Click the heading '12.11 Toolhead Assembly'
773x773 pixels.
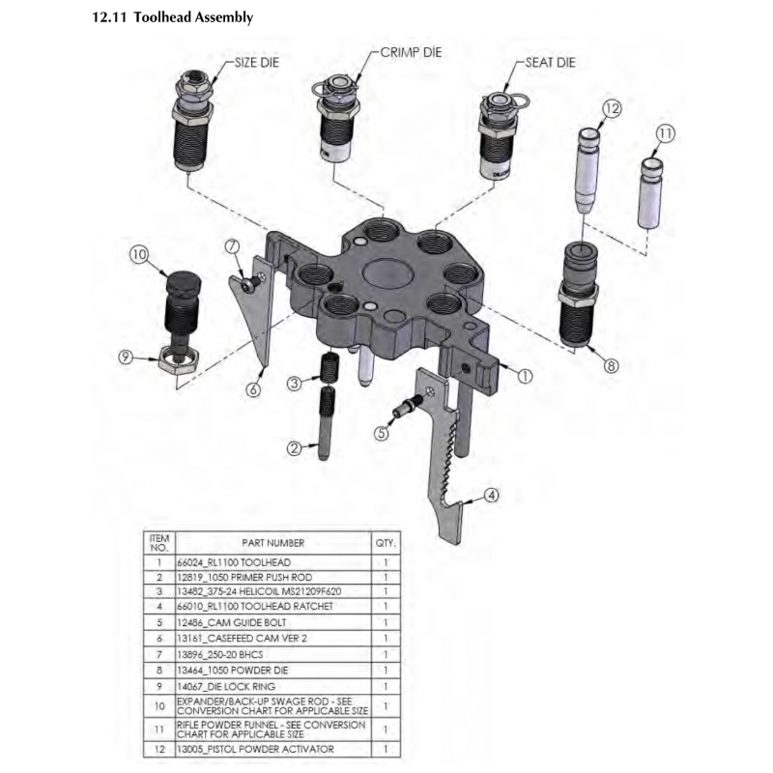coord(171,17)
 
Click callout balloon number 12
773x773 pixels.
coord(611,108)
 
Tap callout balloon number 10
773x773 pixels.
coord(138,255)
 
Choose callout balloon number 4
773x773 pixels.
coord(492,496)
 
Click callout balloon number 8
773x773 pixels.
coord(611,365)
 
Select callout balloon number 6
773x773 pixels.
coord(253,389)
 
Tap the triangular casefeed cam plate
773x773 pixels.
coord(254,319)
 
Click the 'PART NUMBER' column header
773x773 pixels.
coord(273,543)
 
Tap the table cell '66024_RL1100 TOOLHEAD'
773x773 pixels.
coord(233,561)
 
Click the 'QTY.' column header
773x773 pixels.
coord(386,543)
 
